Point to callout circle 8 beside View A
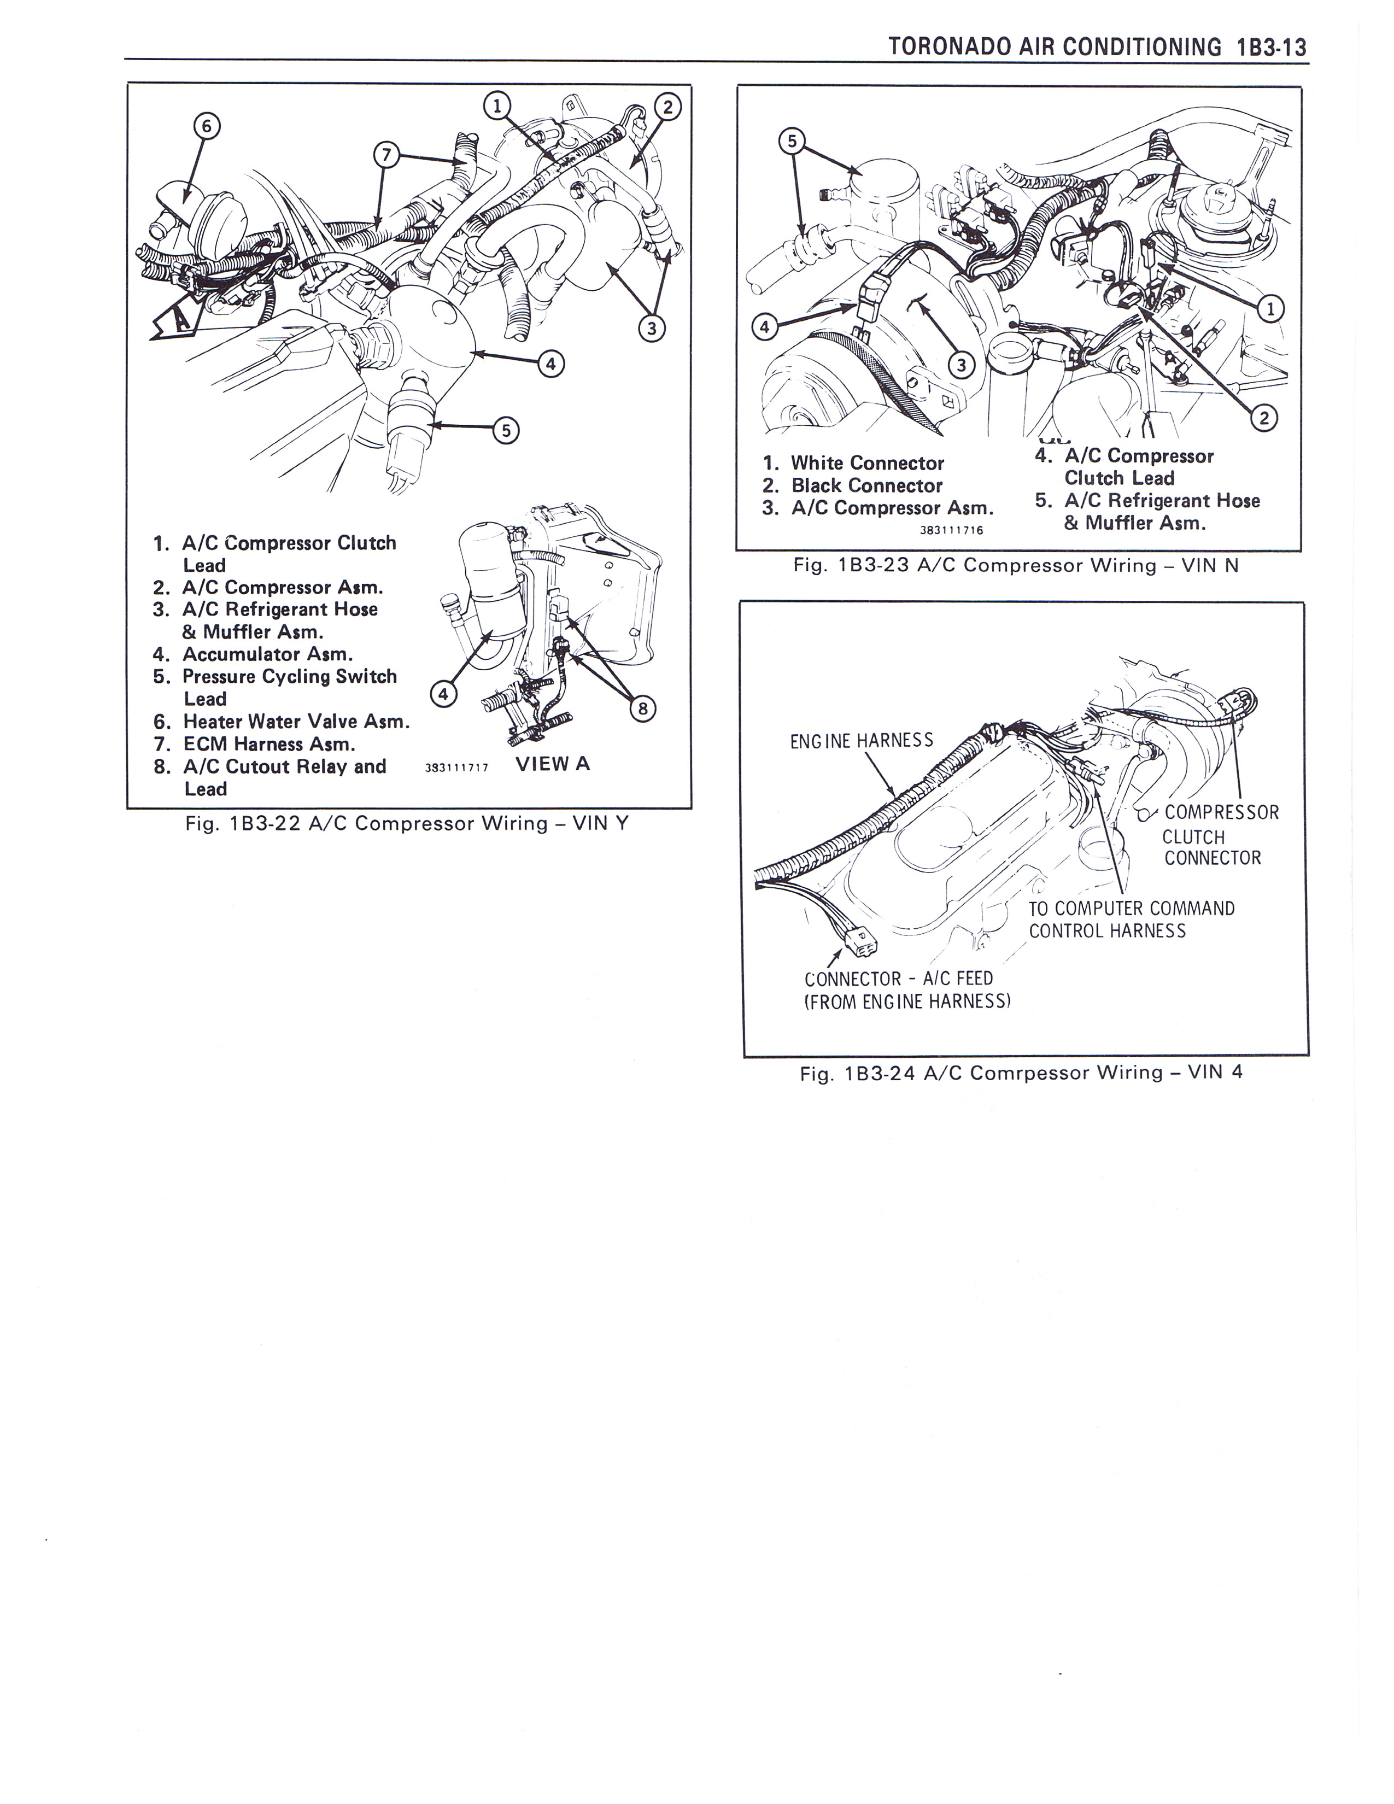coord(642,708)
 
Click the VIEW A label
coord(553,763)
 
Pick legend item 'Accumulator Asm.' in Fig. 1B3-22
coord(267,654)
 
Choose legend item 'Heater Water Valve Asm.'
coord(295,721)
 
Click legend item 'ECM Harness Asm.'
coord(268,743)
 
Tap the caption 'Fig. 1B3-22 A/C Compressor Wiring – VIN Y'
coord(406,823)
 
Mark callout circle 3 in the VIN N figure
coord(960,364)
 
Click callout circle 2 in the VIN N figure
coord(1263,419)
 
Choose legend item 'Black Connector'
coord(866,485)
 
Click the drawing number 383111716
coord(951,530)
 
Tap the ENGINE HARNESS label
coord(862,740)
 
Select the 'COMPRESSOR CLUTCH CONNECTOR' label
coord(1219,835)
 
